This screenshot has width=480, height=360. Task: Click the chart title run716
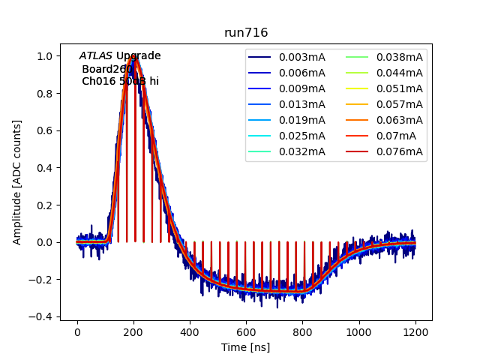(246, 33)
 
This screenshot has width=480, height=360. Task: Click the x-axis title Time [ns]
(246, 347)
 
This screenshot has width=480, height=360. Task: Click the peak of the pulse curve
(134, 55)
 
